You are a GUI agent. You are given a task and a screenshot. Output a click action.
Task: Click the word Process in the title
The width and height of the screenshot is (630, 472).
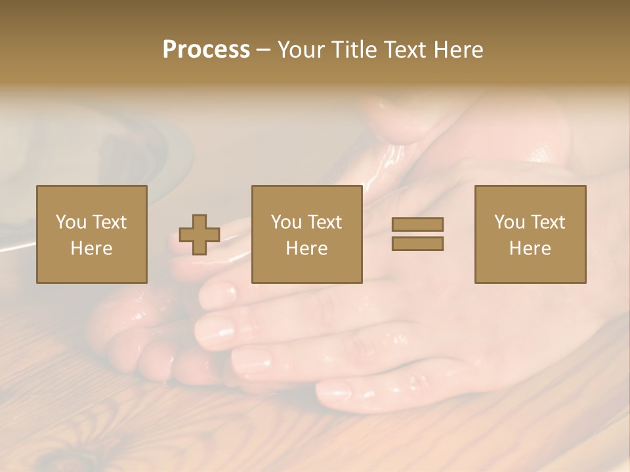point(206,50)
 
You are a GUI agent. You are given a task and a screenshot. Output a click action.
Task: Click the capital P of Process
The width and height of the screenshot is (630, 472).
point(170,50)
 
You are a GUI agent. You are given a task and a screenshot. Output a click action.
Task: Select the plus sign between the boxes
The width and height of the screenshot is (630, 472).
point(199,235)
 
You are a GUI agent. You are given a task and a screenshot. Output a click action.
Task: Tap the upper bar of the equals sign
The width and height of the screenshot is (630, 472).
point(417,224)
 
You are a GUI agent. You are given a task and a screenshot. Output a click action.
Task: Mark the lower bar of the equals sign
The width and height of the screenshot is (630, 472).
point(417,244)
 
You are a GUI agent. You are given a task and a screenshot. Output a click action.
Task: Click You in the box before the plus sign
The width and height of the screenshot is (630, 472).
point(71,222)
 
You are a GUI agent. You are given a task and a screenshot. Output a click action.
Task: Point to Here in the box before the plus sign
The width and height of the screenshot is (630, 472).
point(91,248)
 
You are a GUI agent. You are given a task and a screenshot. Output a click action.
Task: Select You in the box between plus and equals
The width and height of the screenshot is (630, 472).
point(286,222)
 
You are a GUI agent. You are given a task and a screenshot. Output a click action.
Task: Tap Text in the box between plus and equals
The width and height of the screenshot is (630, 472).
point(324,222)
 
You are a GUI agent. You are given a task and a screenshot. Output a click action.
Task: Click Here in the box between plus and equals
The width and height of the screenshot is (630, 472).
point(306,248)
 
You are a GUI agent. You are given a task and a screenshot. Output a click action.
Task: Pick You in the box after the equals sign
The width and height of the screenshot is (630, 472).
point(509,222)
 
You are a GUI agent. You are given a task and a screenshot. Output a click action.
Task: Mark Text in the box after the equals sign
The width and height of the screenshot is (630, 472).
point(547,222)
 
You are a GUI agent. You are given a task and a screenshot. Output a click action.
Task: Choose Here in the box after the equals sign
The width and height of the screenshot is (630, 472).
point(530,248)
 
